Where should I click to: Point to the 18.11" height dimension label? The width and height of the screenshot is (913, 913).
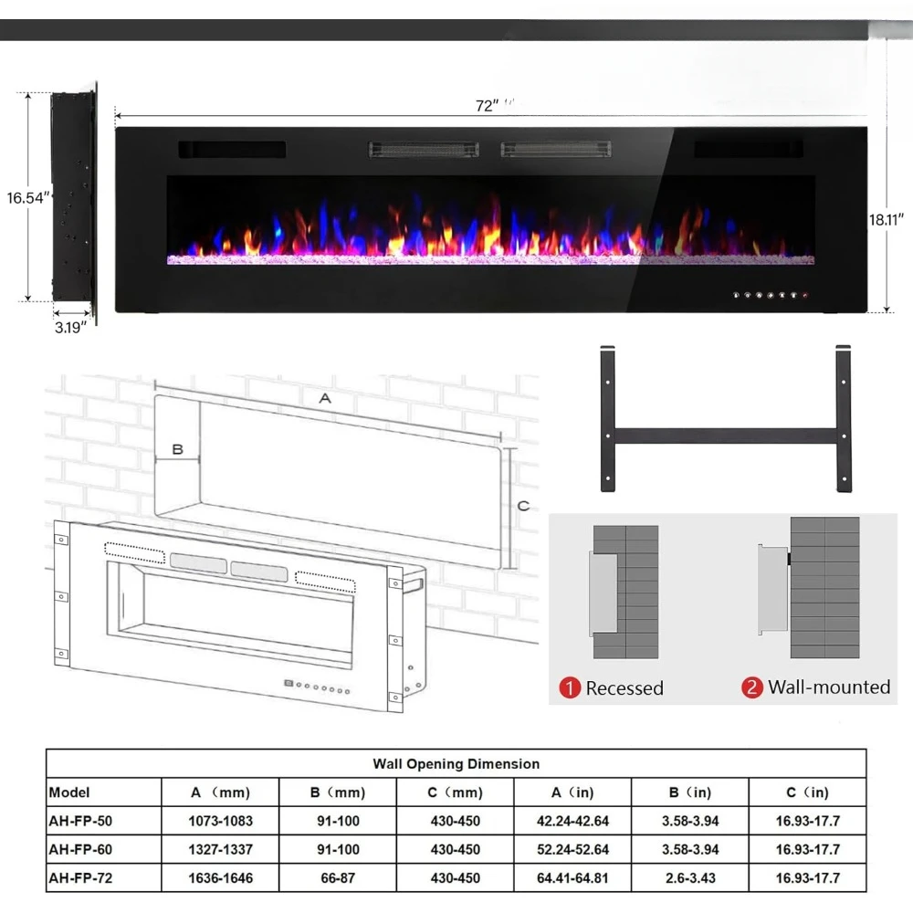[x=887, y=219]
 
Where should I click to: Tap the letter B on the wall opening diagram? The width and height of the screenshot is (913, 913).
[x=178, y=449]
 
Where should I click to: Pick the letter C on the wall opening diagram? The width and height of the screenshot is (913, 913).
[x=523, y=505]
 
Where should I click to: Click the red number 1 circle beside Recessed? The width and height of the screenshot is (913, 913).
[x=570, y=688]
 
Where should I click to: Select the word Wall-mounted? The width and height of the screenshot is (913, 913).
[x=828, y=687]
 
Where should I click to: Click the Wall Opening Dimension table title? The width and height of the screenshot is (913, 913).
[x=456, y=763]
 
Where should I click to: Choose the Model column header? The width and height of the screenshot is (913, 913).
[x=69, y=792]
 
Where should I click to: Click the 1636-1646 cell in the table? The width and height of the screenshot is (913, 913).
[x=220, y=877]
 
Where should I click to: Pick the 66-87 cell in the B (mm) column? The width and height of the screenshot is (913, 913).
[x=338, y=877]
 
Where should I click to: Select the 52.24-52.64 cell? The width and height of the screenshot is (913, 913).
[x=573, y=849]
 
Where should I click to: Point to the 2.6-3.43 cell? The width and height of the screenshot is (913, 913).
[x=690, y=877]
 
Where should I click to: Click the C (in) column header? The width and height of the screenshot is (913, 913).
[x=807, y=792]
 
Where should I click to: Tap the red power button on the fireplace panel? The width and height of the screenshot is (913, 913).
[x=805, y=296]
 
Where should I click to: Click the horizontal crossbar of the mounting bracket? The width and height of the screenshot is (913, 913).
[x=725, y=436]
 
